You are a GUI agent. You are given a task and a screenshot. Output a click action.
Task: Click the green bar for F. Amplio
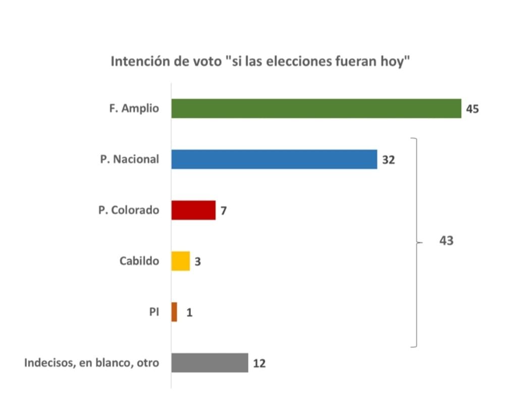pyautogui.click(x=316, y=108)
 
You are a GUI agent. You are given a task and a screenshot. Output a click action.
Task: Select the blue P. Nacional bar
pyautogui.click(x=274, y=159)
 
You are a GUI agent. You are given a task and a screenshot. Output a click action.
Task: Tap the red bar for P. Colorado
pyautogui.click(x=193, y=210)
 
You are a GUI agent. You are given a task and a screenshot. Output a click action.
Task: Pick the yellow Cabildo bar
pyautogui.click(x=180, y=261)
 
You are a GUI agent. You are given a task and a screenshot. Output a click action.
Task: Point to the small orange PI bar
pyautogui.click(x=174, y=312)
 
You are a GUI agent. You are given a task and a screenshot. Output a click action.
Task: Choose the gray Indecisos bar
pyautogui.click(x=209, y=363)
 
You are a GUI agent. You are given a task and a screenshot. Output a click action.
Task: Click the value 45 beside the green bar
pyautogui.click(x=472, y=109)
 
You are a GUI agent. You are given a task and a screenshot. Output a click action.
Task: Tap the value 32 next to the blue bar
pyautogui.click(x=388, y=160)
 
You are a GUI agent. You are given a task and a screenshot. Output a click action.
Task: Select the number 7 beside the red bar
pyautogui.click(x=223, y=210)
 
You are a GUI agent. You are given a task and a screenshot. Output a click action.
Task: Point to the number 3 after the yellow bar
pyautogui.click(x=197, y=262)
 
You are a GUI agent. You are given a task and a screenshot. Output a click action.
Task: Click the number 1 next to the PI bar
pyautogui.click(x=189, y=313)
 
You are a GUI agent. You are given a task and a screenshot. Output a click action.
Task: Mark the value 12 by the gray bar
pyautogui.click(x=259, y=363)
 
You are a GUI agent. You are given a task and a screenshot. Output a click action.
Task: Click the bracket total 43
pyautogui.click(x=446, y=241)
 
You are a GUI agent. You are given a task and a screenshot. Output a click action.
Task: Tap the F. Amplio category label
pyautogui.click(x=134, y=109)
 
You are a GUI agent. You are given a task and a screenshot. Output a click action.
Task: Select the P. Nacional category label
pyautogui.click(x=129, y=159)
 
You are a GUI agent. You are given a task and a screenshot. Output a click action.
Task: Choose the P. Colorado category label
pyautogui.click(x=128, y=210)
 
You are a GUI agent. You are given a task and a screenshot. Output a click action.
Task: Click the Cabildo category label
pyautogui.click(x=139, y=261)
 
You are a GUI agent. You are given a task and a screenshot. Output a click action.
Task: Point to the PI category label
pyautogui.click(x=154, y=312)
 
